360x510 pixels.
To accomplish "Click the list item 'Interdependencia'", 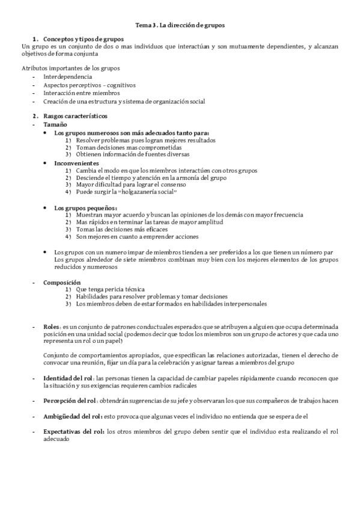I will (67, 77).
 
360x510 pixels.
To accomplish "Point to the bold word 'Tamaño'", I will (55, 123).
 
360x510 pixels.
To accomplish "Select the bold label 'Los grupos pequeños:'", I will (85, 207).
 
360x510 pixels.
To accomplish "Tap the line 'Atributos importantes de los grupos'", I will (70, 68).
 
